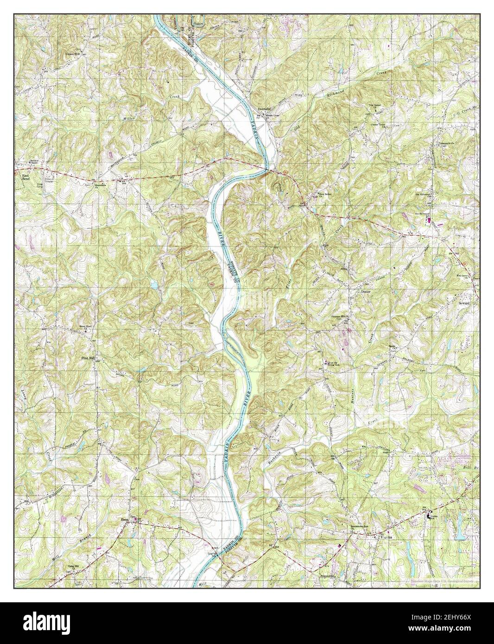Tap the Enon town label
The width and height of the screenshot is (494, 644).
pyautogui.click(x=124, y=520)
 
